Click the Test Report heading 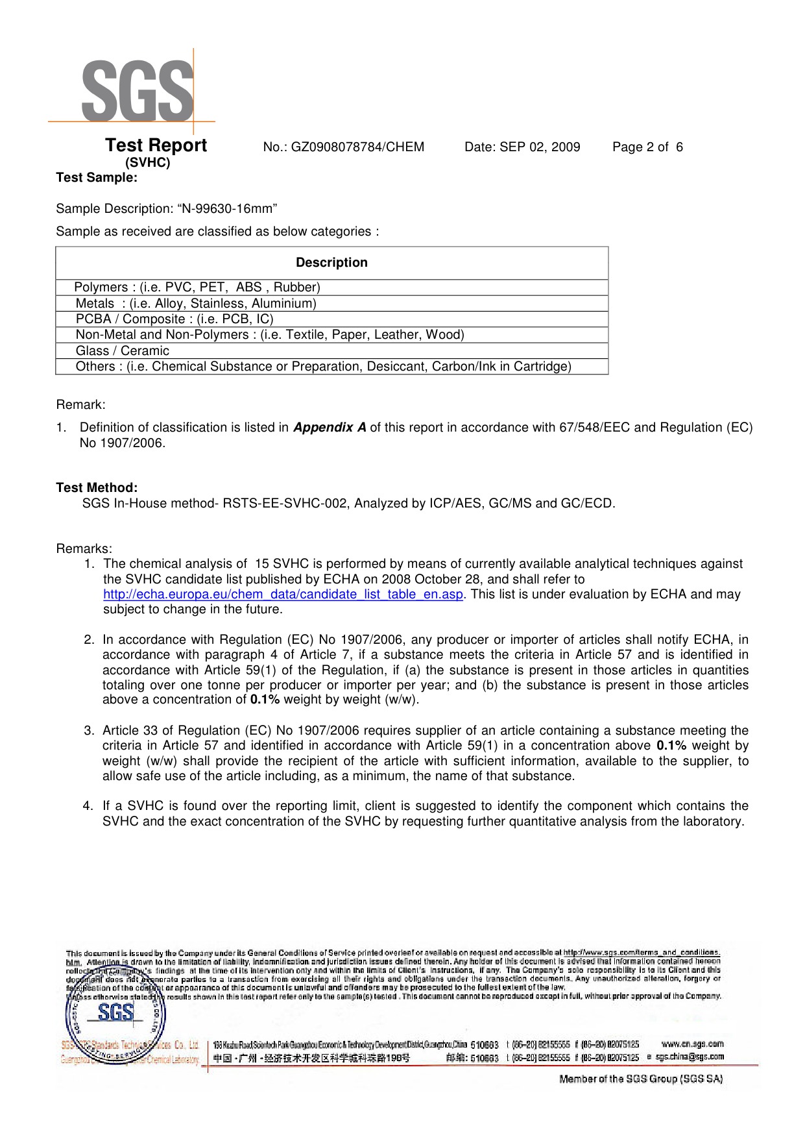(x=156, y=145)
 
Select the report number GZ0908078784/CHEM (x=357, y=147)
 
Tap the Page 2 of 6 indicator (x=647, y=147)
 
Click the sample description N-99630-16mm (x=230, y=209)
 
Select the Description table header (x=331, y=263)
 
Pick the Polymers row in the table (x=197, y=288)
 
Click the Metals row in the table (x=196, y=304)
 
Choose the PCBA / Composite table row (x=174, y=319)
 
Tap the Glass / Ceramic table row (x=123, y=351)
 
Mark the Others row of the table (x=323, y=367)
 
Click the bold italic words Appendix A (x=330, y=428)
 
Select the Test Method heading (x=97, y=488)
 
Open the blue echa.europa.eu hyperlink (x=283, y=594)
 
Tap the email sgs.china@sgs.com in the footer (x=689, y=1057)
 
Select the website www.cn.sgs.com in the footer (x=692, y=1044)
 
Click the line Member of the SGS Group (x=640, y=1079)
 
